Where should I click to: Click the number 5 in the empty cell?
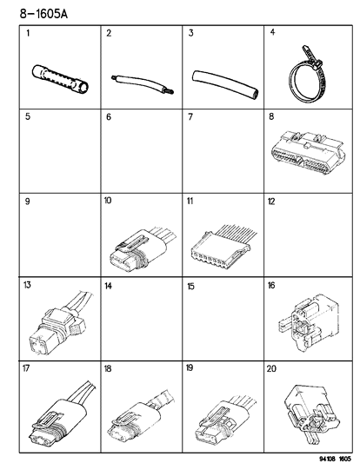click(28, 116)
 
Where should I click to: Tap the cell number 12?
click(272, 201)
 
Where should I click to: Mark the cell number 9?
click(28, 201)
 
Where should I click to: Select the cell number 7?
click(191, 116)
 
